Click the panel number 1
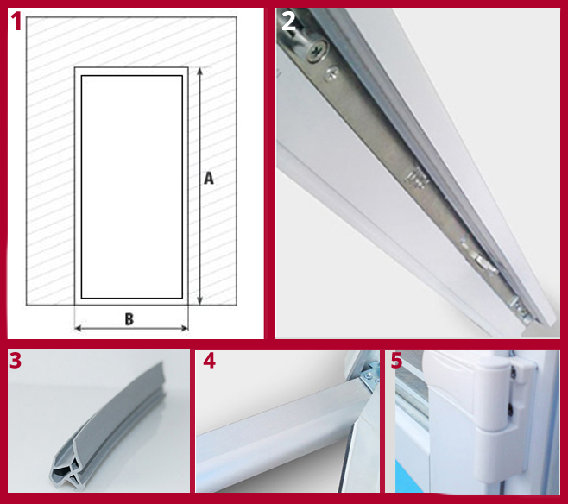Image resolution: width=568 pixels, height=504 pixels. point(15,21)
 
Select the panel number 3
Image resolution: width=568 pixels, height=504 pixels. point(16,361)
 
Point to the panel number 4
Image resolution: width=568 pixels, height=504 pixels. point(209,361)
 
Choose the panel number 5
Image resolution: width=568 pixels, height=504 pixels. point(396,361)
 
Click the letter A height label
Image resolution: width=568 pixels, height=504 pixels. point(208,179)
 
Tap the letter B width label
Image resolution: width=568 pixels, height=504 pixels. point(129,319)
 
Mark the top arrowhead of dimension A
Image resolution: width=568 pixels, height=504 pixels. point(200,71)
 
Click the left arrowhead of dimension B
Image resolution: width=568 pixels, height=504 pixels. point(78,329)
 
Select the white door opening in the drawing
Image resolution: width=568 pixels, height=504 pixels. point(131,186)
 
